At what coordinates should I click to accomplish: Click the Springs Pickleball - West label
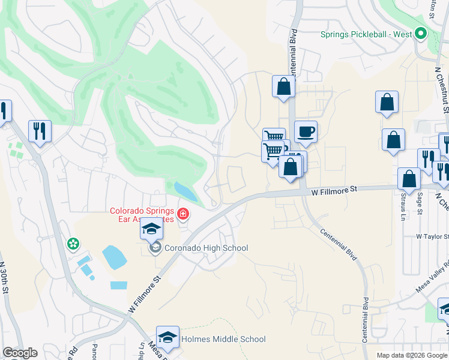pyautogui.click(x=366, y=34)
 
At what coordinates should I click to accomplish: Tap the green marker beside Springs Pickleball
pyautogui.click(x=421, y=34)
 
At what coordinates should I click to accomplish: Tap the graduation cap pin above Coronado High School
pyautogui.click(x=152, y=229)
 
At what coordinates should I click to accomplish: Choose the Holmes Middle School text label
pyautogui.click(x=223, y=339)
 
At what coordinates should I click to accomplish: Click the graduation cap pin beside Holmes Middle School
pyautogui.click(x=168, y=337)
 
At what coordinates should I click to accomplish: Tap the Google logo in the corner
pyautogui.click(x=20, y=353)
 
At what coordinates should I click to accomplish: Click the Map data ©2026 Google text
pyautogui.click(x=412, y=355)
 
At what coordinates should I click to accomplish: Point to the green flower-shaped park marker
pyautogui.click(x=73, y=244)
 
